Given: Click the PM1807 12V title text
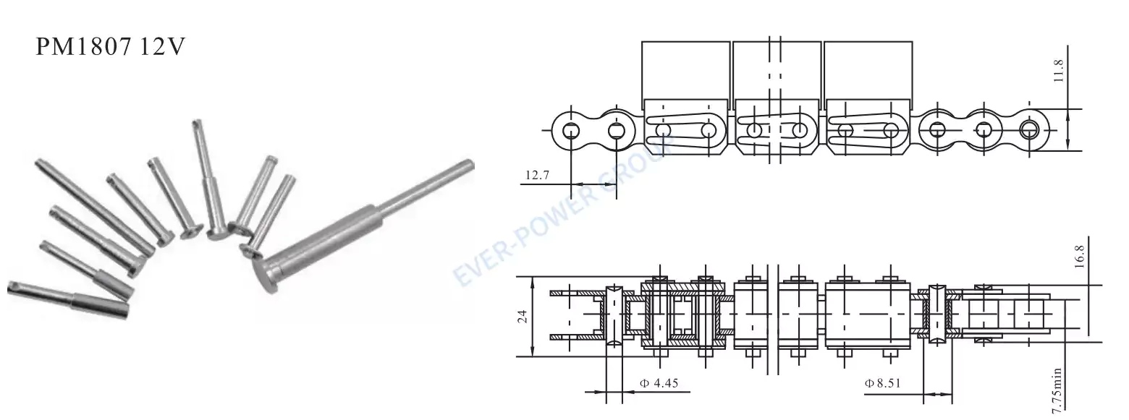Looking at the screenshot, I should point(112,48).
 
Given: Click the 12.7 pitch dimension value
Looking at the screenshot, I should point(537,174).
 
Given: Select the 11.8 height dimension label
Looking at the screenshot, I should point(1059,73).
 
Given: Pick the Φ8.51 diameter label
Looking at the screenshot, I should point(884,382).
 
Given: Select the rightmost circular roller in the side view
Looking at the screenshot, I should point(1028,130).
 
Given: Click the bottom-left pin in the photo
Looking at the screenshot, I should point(69,298).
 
